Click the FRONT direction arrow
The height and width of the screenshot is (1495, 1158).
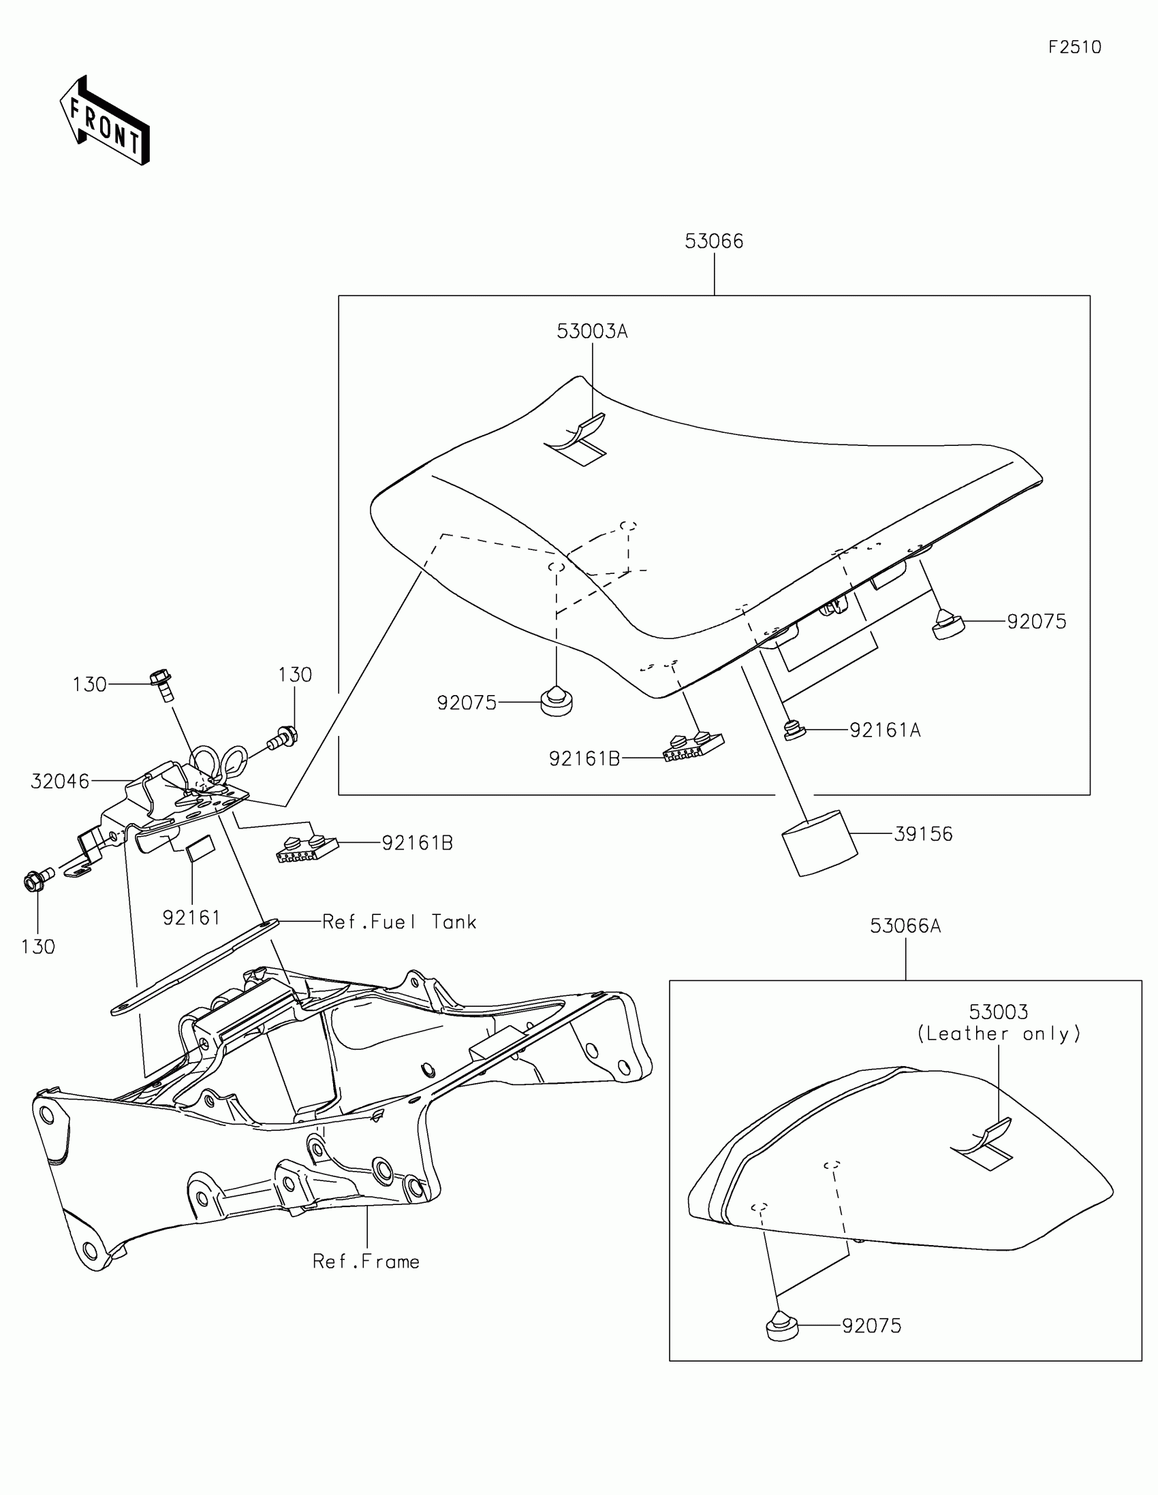pos(104,120)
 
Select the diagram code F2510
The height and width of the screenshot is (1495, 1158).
pos(1074,47)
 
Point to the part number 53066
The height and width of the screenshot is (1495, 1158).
pos(714,241)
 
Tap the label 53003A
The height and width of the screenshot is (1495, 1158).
pos(592,332)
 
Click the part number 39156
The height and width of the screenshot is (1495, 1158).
pos(923,834)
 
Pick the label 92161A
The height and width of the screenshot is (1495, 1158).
pos(885,730)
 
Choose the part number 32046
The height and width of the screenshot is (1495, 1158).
pos(60,781)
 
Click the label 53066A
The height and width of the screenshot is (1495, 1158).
pos(905,926)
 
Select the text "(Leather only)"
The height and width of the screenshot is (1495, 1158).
pos(999,1033)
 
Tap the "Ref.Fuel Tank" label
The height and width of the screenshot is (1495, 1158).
pos(399,922)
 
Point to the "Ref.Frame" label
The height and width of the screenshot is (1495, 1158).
pos(366,1261)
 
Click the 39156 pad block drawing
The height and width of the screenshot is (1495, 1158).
pos(819,843)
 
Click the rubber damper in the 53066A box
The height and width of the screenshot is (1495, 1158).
pos(781,1325)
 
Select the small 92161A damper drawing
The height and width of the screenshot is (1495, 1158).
pos(794,730)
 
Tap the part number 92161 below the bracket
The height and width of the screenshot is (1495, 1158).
pos(191,917)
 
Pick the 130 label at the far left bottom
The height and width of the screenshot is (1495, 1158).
pos(37,947)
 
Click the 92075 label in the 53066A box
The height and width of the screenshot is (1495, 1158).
pos(872,1326)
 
